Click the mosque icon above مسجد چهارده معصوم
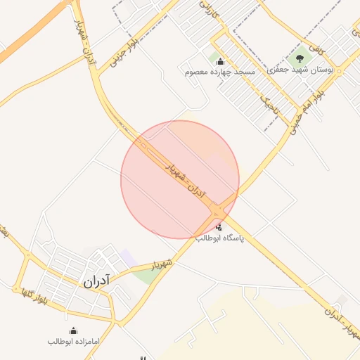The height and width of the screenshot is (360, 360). (220, 61)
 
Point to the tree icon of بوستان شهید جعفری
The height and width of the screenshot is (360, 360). (300, 58)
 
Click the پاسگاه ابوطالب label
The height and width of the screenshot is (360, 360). (219, 238)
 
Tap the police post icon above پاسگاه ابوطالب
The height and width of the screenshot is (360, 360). (219, 226)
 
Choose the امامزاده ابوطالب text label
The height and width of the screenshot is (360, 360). (75, 341)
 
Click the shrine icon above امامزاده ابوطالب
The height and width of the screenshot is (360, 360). (74, 330)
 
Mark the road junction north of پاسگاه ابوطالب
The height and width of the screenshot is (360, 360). (219, 211)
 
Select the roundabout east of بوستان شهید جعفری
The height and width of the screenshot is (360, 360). (339, 71)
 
